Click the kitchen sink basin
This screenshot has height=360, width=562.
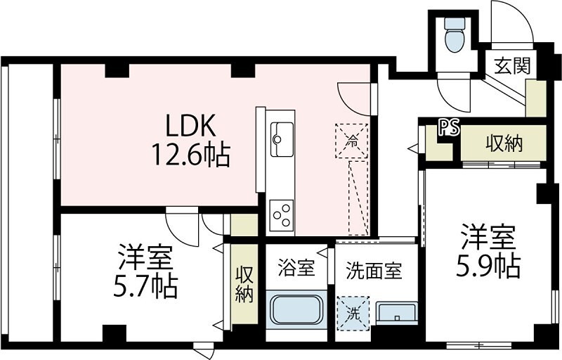[x=282, y=139]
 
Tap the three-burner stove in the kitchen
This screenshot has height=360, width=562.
[x=282, y=214]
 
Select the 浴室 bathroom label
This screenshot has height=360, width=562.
[x=296, y=268]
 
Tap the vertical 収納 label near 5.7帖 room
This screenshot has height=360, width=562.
[x=244, y=283]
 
